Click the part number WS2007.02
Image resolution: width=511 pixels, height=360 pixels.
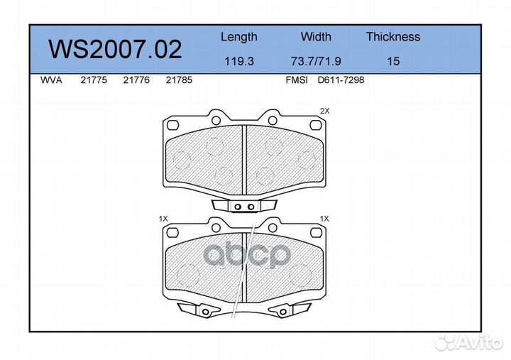pyautogui.click(x=114, y=49)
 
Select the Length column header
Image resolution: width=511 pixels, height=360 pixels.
pyautogui.click(x=238, y=37)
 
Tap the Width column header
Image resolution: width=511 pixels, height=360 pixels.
pyautogui.click(x=316, y=37)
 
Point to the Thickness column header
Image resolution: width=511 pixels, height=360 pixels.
pyautogui.click(x=392, y=37)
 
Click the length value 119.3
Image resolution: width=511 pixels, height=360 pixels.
pyautogui.click(x=238, y=61)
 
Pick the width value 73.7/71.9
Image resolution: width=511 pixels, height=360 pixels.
pyautogui.click(x=316, y=61)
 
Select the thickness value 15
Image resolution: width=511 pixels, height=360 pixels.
pyautogui.click(x=392, y=61)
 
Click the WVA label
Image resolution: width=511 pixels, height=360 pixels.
pyautogui.click(x=52, y=81)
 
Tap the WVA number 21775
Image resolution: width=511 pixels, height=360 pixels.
pyautogui.click(x=93, y=81)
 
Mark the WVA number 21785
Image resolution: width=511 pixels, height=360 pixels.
pyautogui.click(x=178, y=81)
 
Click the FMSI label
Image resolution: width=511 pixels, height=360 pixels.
pyautogui.click(x=296, y=81)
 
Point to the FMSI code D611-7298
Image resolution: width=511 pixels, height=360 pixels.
pyautogui.click(x=341, y=81)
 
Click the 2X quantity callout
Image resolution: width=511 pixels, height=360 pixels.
pyautogui.click(x=325, y=111)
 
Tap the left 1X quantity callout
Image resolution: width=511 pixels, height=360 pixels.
pyautogui.click(x=163, y=219)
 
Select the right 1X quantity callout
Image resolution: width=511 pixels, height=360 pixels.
pyautogui.click(x=325, y=219)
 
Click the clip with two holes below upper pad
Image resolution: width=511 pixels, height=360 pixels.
pyautogui.click(x=245, y=207)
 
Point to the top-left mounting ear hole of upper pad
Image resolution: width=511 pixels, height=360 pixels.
pyautogui.click(x=170, y=124)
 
